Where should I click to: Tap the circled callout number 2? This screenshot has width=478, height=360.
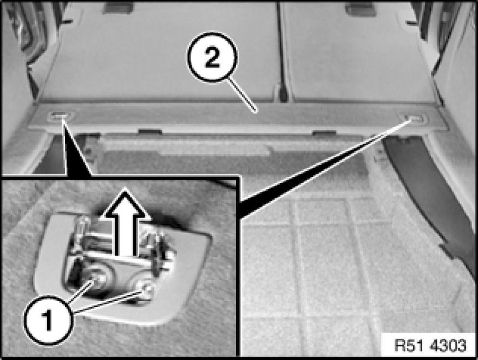[213, 57]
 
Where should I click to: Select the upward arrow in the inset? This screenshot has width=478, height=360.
[126, 222]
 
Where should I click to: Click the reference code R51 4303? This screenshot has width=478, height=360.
[430, 345]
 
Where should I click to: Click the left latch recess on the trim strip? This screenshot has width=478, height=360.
[61, 115]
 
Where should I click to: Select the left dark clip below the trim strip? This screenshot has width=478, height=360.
[150, 132]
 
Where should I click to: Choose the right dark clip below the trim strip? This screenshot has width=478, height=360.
[324, 133]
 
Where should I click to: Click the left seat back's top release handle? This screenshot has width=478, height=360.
[119, 7]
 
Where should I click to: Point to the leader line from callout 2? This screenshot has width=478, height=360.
[242, 94]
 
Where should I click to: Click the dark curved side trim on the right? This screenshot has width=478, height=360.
[433, 195]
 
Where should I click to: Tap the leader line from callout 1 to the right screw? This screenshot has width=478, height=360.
[108, 302]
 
